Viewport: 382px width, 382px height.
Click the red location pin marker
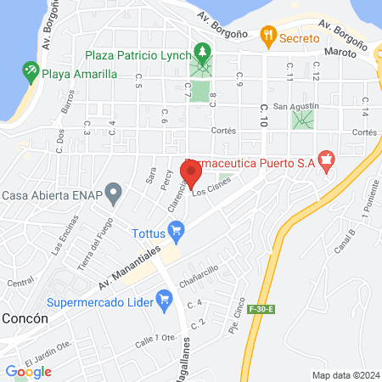[191, 173]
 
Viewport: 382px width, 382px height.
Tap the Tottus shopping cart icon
[177, 229]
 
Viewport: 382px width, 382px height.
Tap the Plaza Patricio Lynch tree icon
[202, 53]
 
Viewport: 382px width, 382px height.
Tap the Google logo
[29, 371]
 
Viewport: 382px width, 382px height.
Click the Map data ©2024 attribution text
[345, 374]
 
